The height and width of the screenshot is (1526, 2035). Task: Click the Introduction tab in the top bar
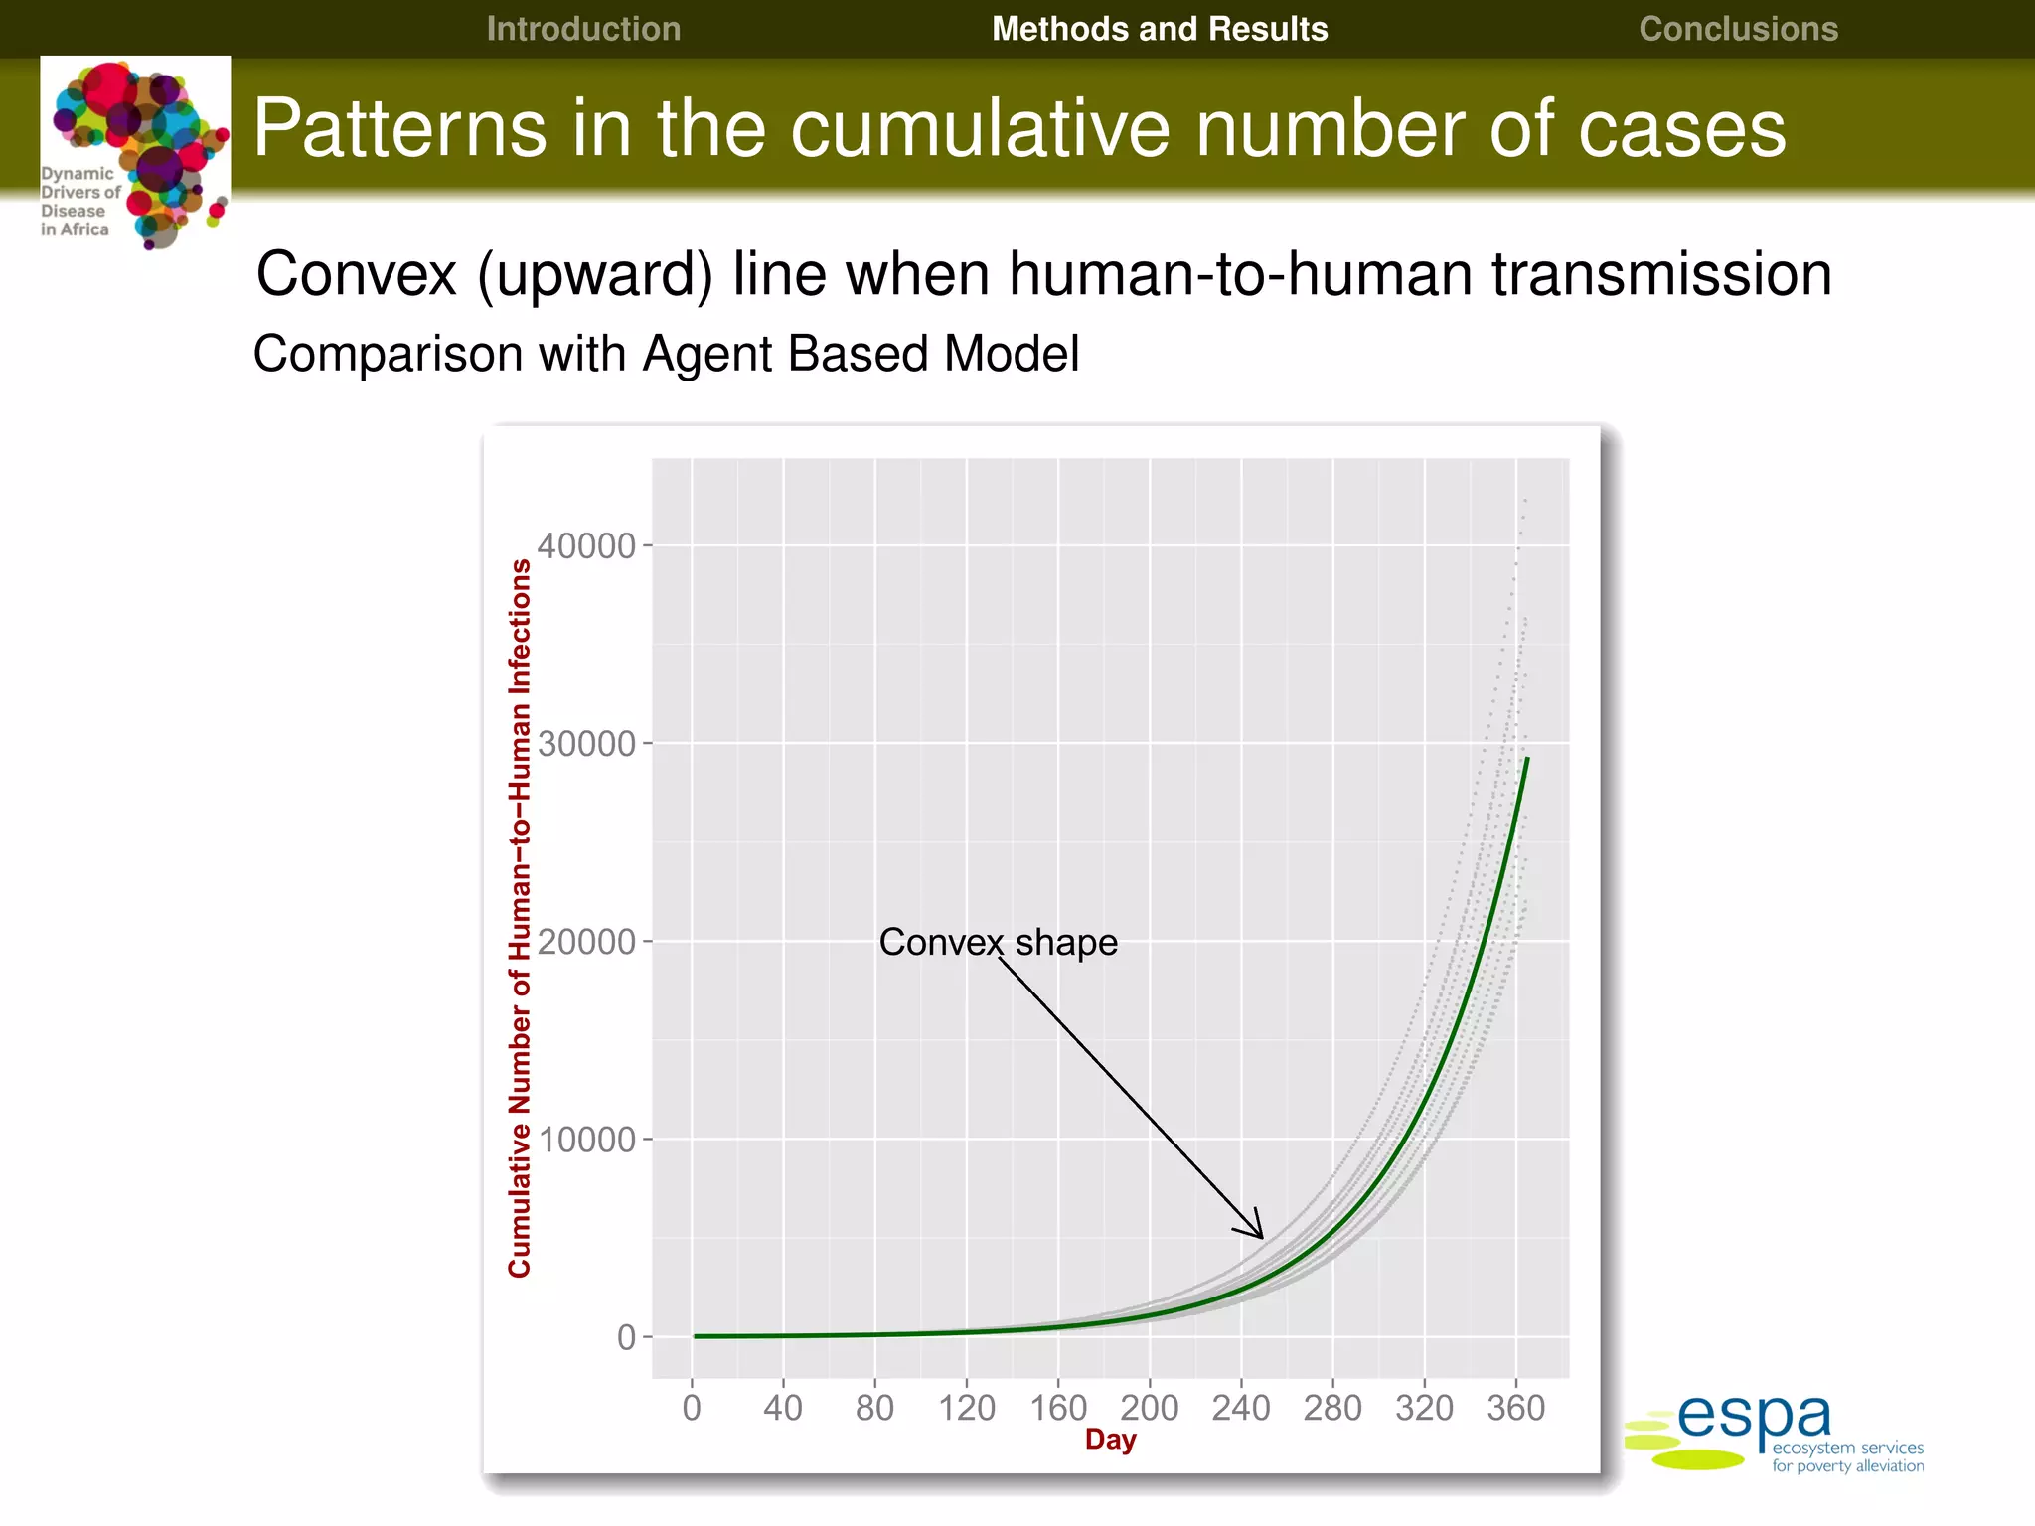click(583, 29)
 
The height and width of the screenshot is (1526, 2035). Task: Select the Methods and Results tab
click(1159, 29)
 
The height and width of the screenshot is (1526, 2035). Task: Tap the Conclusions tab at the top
click(1738, 29)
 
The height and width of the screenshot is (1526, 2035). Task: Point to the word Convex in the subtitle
click(356, 274)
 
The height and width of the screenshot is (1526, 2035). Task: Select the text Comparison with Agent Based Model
click(666, 354)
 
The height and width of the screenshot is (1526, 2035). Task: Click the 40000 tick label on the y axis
click(585, 546)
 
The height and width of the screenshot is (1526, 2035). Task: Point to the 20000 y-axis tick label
click(585, 942)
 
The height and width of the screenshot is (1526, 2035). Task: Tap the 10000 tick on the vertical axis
click(585, 1140)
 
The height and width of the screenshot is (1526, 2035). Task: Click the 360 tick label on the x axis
click(1515, 1408)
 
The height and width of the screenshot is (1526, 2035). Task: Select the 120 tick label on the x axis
click(966, 1408)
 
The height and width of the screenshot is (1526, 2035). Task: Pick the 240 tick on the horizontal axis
click(1240, 1408)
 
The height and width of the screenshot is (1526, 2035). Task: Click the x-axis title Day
click(1110, 1440)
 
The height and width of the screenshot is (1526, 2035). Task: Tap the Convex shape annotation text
click(998, 942)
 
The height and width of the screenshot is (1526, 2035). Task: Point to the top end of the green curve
click(1527, 760)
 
